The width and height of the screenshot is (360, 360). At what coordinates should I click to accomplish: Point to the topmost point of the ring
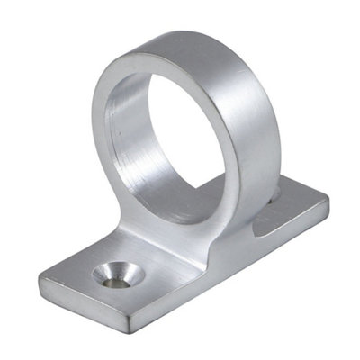184,33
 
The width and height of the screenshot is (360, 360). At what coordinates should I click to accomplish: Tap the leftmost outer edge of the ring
89,135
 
